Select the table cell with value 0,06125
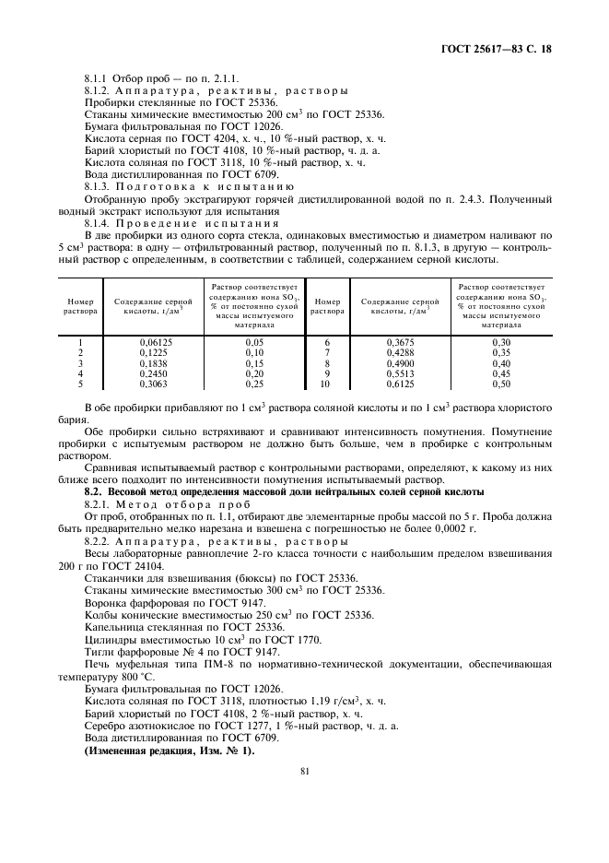click(153, 341)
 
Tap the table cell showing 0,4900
click(399, 362)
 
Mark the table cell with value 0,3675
click(399, 341)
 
